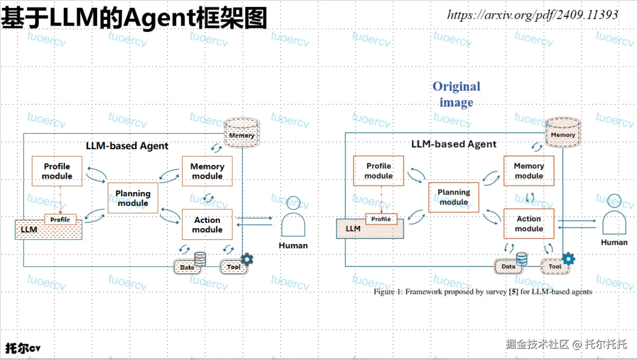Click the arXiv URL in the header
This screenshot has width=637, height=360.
[x=533, y=15]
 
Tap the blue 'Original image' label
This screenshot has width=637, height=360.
[x=457, y=94]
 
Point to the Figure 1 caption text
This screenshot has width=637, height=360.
[x=483, y=292]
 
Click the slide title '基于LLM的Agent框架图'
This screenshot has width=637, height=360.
[x=134, y=18]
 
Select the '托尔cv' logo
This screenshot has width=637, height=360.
[x=23, y=348]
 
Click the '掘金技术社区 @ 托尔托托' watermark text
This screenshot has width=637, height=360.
[x=566, y=344]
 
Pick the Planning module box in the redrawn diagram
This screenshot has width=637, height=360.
[x=133, y=198]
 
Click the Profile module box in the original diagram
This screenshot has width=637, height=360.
[x=378, y=171]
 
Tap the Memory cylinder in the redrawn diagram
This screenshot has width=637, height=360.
[x=242, y=132]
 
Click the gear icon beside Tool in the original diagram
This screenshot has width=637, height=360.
[x=568, y=259]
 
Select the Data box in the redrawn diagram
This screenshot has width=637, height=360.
[x=187, y=267]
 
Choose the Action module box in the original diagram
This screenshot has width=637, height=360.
[x=529, y=223]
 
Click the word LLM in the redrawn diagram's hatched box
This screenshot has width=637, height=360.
[x=29, y=230]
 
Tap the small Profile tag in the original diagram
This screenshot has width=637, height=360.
[x=381, y=219]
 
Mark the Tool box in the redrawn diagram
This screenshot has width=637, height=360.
[x=233, y=267]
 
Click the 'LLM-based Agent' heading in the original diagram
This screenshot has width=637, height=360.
[x=454, y=144]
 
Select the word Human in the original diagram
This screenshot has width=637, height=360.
[x=614, y=242]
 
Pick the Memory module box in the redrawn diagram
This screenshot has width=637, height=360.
[x=207, y=171]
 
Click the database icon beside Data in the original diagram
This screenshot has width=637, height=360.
[x=521, y=259]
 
